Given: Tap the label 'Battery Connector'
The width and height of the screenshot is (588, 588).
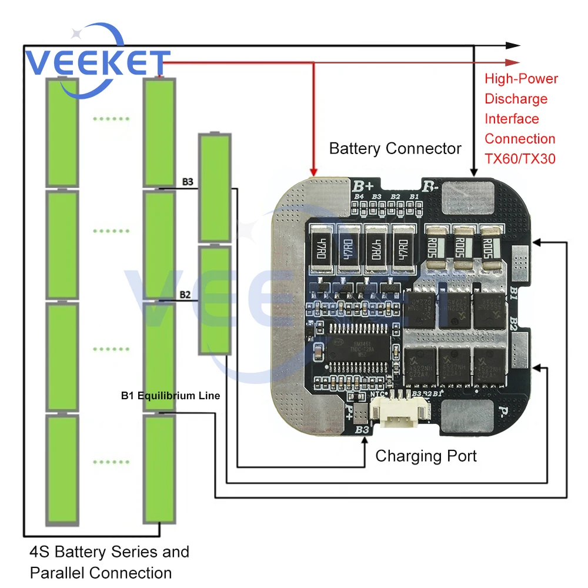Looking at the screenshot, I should pyautogui.click(x=395, y=148).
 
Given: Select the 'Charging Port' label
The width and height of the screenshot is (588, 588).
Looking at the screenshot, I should pyautogui.click(x=426, y=456).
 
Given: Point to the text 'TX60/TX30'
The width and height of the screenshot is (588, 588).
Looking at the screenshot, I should pyautogui.click(x=520, y=159).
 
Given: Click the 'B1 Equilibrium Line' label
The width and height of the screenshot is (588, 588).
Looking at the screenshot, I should pyautogui.click(x=171, y=396).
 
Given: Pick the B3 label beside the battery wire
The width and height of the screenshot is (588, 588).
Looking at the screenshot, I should pyautogui.click(x=188, y=182).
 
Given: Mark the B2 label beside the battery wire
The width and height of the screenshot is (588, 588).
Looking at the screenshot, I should pyautogui.click(x=185, y=294).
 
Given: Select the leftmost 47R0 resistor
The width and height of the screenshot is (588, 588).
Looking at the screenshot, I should pyautogui.click(x=322, y=249).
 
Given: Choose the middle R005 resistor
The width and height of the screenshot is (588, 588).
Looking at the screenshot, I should pyautogui.click(x=465, y=248).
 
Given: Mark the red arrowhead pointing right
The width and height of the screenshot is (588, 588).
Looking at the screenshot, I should pyautogui.click(x=513, y=62).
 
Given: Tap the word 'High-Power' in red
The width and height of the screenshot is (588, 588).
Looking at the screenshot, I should pyautogui.click(x=521, y=79).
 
